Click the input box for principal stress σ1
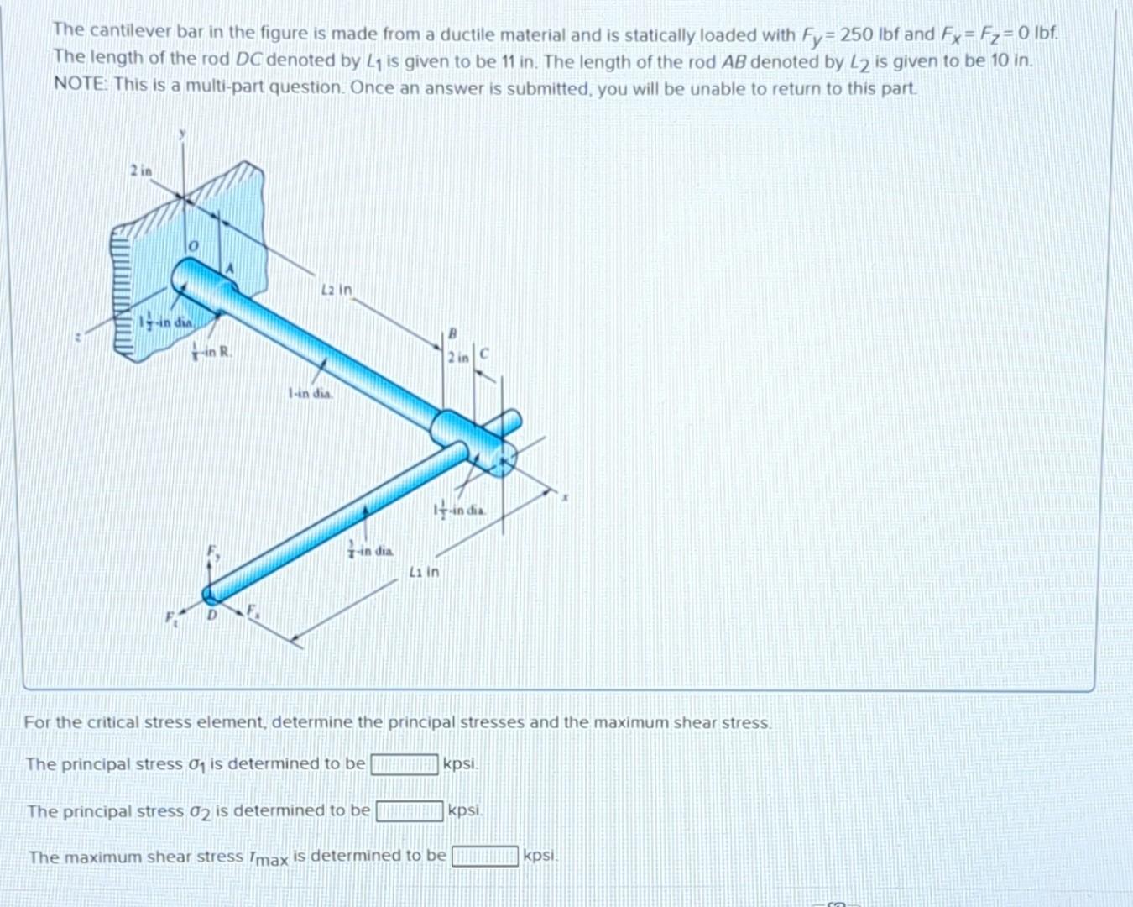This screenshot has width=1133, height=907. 405,764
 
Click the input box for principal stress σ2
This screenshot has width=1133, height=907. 409,811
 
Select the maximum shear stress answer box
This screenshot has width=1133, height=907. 484,857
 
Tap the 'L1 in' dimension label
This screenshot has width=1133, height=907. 424,572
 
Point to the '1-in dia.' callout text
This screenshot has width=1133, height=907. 310,392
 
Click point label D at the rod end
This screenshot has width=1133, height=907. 211,614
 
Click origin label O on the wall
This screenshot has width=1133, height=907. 191,246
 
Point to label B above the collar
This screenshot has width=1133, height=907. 451,333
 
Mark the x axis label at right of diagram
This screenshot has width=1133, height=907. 566,498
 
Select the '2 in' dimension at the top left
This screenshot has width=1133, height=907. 141,170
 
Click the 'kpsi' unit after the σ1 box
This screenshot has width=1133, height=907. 460,764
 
